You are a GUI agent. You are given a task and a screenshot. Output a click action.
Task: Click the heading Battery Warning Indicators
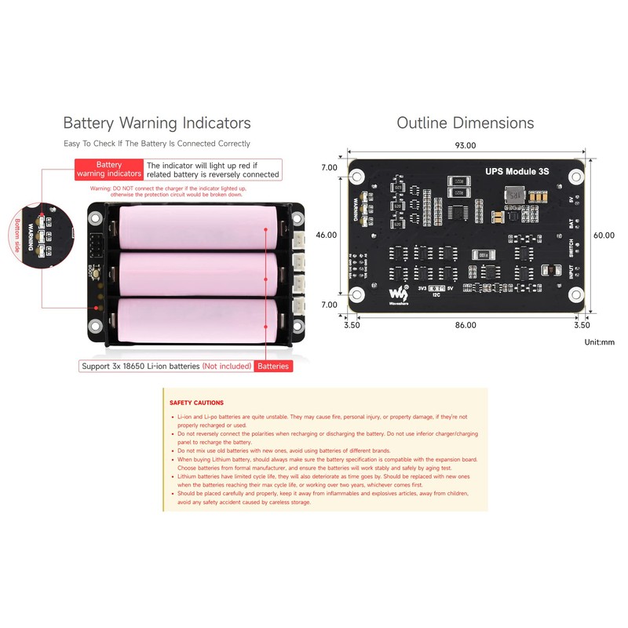point(157,123)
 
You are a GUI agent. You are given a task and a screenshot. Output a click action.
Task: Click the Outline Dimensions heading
point(465,123)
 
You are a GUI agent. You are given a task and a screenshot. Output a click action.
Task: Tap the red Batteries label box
point(273,367)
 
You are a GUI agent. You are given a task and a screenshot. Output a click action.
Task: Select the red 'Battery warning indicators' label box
point(108,170)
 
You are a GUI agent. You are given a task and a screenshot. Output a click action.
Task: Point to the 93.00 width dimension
point(466,145)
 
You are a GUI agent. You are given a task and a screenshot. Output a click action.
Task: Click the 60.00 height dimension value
point(604,235)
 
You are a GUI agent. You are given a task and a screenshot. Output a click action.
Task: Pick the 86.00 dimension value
point(466,324)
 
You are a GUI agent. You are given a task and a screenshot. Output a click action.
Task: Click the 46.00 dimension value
point(327,235)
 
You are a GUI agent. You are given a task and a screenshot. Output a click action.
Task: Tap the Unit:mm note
point(600,342)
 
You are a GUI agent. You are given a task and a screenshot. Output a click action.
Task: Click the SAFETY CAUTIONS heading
point(196,403)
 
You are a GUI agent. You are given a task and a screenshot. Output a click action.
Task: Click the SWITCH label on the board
point(571,247)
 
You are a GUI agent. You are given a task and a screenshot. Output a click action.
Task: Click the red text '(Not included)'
point(227,367)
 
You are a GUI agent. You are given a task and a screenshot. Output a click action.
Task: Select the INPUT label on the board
point(571,274)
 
